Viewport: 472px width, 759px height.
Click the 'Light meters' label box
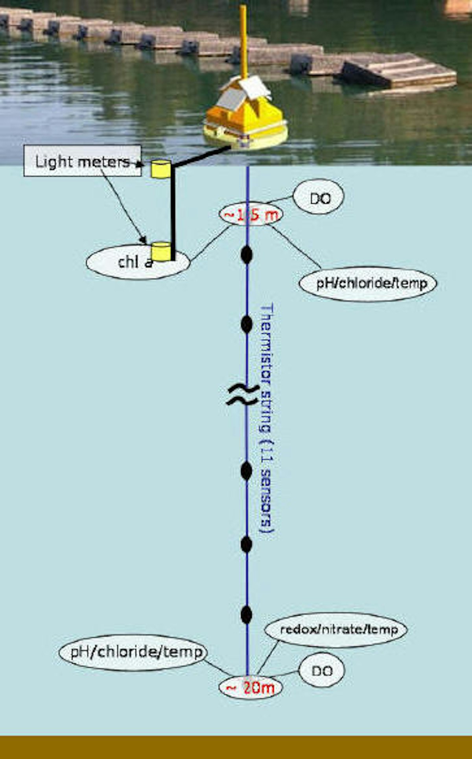[82, 161]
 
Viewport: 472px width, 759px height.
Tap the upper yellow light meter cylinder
[160, 169]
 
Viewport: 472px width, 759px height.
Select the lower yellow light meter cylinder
[161, 251]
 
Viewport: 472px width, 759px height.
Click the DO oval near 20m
[322, 671]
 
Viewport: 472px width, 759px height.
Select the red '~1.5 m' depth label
[251, 215]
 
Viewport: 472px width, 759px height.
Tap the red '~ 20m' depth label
[251, 688]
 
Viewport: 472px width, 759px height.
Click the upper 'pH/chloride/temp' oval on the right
[368, 283]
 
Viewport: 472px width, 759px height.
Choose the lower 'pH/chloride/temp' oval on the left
[133, 652]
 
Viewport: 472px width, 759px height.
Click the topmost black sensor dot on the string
[246, 255]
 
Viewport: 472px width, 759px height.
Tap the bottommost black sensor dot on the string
[246, 614]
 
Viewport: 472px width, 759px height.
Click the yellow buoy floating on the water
[246, 126]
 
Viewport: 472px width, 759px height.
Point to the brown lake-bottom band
[236, 747]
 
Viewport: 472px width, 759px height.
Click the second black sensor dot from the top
[246, 324]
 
